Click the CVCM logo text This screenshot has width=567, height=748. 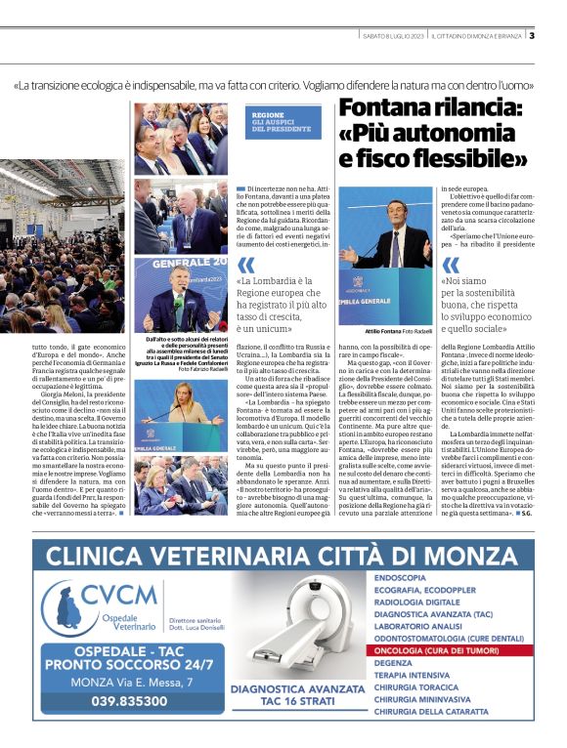click(x=119, y=594)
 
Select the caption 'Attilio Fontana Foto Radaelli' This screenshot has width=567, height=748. click(x=396, y=333)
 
